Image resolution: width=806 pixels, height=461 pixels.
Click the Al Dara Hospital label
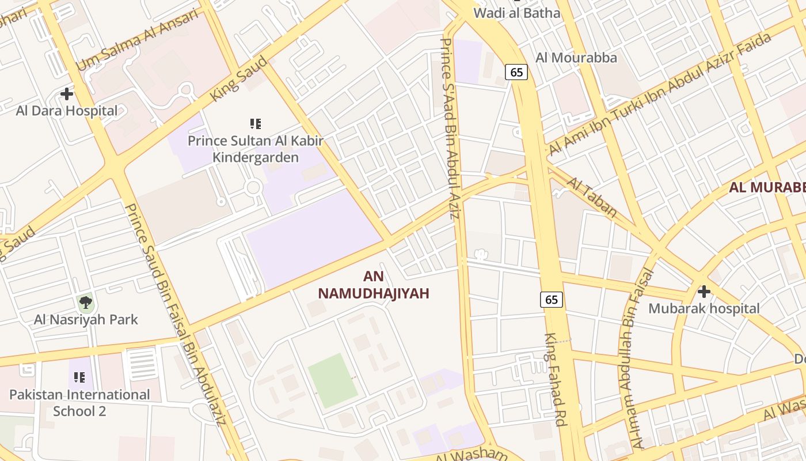67,111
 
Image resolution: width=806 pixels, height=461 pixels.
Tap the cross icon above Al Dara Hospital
67,93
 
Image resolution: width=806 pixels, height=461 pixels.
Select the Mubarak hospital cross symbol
704,292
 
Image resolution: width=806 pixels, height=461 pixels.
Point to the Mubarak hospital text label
704,308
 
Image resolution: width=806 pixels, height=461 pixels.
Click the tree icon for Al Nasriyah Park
86,301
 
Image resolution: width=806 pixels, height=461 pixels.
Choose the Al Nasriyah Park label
86,319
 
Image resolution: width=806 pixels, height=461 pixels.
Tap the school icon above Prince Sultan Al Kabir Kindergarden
256,123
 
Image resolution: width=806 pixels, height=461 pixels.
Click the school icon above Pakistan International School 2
79,377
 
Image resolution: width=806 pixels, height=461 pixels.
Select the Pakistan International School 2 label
79,403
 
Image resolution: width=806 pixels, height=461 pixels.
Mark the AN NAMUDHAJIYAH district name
374,285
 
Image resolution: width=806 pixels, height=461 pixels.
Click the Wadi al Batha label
516,13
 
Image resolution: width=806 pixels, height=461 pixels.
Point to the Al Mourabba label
576,58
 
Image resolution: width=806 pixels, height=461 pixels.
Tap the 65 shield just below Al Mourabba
516,72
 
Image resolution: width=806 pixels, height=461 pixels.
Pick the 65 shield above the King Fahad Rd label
552,300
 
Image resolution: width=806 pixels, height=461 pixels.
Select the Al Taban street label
592,197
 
